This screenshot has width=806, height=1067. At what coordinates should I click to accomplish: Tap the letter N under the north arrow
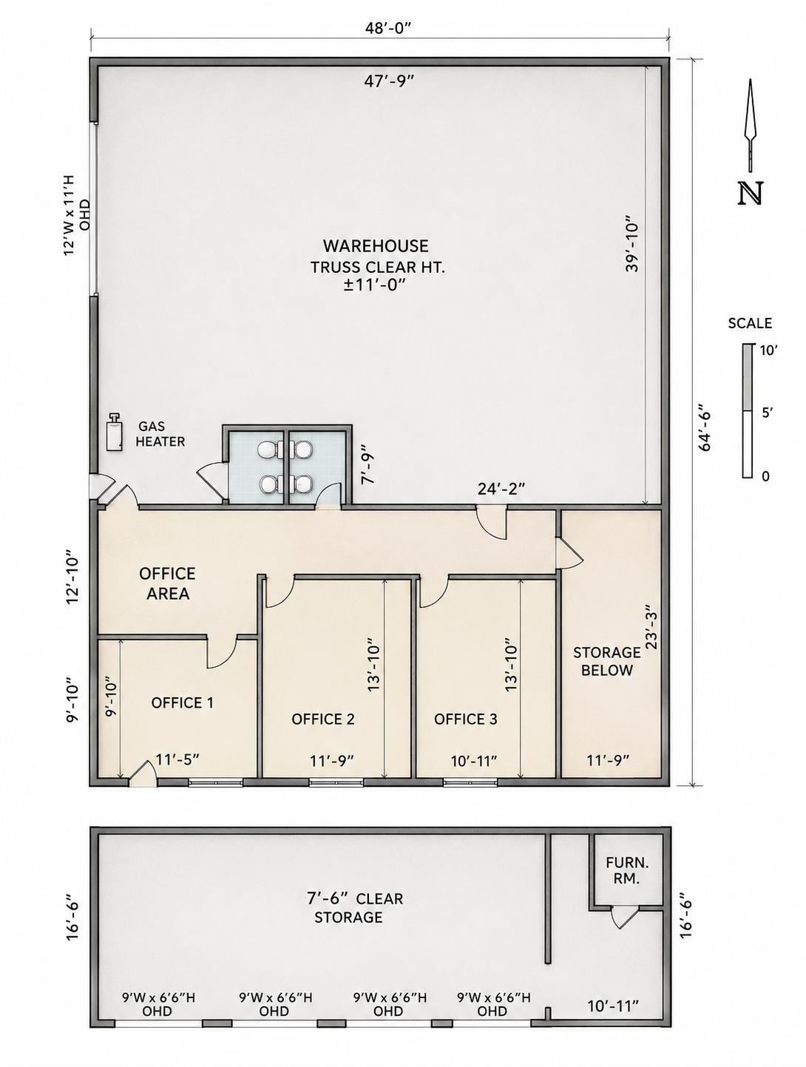click(x=750, y=194)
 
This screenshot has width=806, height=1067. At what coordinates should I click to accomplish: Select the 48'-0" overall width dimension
click(x=388, y=27)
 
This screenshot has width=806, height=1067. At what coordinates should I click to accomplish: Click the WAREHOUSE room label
click(x=376, y=245)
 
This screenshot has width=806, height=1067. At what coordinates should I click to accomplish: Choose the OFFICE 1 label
click(x=183, y=702)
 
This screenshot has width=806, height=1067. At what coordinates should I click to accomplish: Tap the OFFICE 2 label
click(x=323, y=719)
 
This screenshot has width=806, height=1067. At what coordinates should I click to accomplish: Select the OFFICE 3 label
click(x=466, y=719)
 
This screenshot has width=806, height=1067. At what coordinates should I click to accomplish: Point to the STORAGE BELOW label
click(x=606, y=661)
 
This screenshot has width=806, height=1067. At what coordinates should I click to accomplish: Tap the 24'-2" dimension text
click(x=501, y=489)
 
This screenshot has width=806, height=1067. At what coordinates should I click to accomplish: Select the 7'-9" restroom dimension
click(x=368, y=468)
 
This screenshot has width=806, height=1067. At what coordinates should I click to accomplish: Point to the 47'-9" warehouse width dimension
click(x=388, y=81)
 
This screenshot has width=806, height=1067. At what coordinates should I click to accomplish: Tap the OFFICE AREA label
click(x=168, y=583)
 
